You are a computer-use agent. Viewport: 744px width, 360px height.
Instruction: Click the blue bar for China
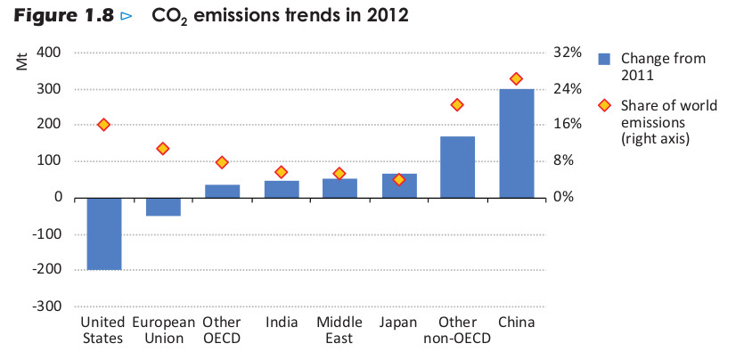[x=516, y=143]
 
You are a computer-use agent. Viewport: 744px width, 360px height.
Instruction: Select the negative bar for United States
[x=103, y=233]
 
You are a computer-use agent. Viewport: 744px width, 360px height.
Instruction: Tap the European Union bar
[x=163, y=207]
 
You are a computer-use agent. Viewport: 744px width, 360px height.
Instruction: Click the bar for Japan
[x=398, y=185]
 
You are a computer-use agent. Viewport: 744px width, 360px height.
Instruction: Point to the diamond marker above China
[x=516, y=79]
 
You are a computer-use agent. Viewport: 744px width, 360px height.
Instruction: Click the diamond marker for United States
[x=103, y=125]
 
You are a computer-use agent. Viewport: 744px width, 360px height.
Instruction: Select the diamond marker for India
[x=281, y=172]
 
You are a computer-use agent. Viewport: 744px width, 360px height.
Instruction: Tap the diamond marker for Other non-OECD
[x=457, y=105]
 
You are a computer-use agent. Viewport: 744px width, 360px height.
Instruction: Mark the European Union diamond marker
[x=163, y=149]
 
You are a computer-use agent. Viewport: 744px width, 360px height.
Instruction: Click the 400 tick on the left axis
[x=50, y=53]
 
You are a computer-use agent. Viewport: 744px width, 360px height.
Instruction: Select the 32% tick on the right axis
[x=567, y=53]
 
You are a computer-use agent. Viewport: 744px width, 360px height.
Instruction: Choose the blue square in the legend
[x=604, y=59]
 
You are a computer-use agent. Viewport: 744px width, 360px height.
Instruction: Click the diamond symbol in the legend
[x=604, y=105]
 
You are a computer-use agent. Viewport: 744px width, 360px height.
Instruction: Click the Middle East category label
[x=339, y=330]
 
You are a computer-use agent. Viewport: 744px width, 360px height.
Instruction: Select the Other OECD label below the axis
[x=221, y=330]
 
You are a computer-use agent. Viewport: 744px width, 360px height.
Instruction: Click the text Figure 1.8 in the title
[x=60, y=16]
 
